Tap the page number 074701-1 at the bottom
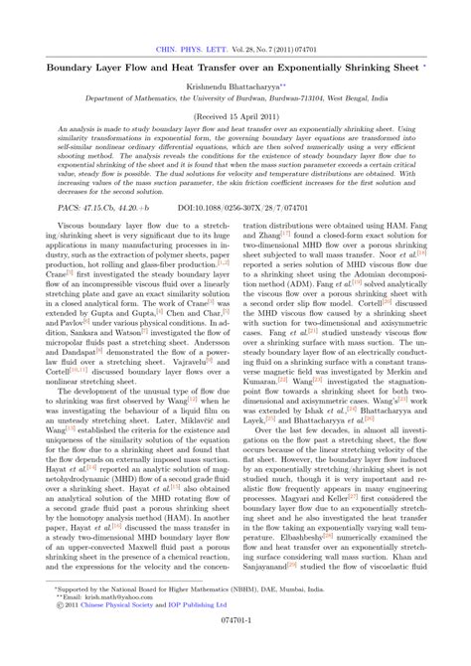235,643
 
